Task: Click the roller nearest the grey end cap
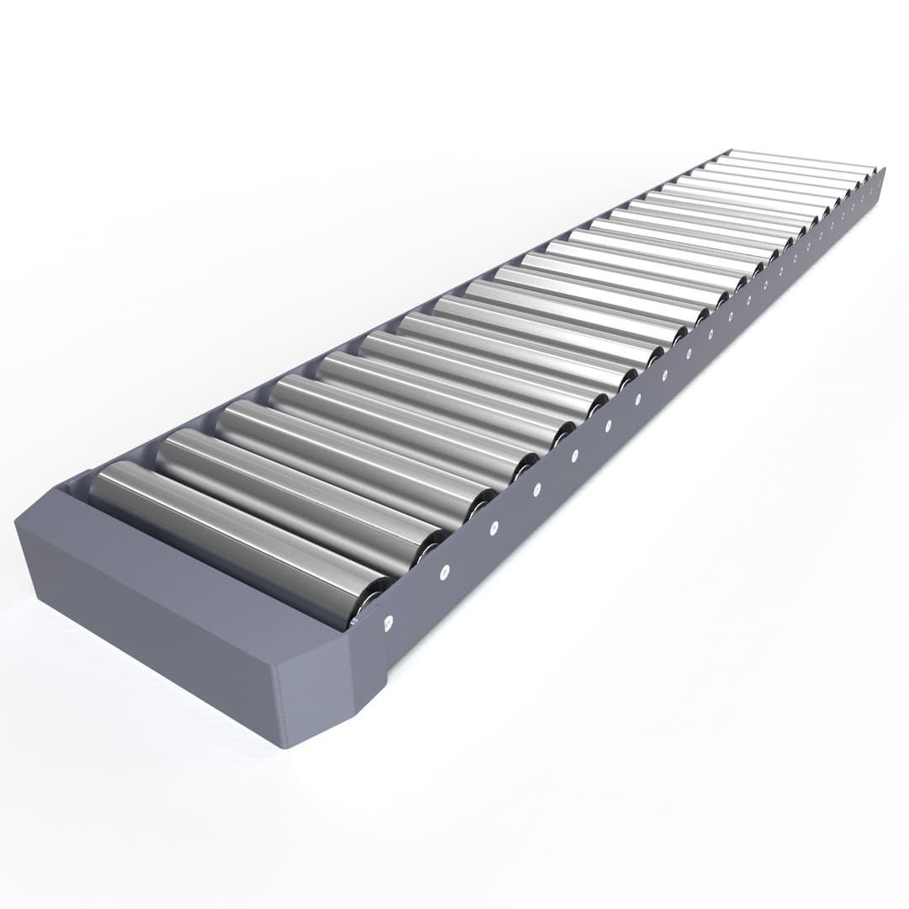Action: tap(236, 539)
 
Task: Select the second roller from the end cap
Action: tap(295, 497)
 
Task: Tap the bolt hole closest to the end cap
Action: tap(388, 624)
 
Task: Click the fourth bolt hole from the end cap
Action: tap(536, 490)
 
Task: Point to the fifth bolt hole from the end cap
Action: tap(574, 456)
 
